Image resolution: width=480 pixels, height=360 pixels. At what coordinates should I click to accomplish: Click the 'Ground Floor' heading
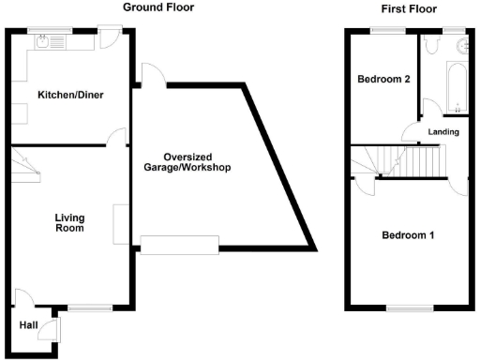click(x=152, y=7)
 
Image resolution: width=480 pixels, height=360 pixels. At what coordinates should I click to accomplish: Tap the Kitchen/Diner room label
click(x=69, y=95)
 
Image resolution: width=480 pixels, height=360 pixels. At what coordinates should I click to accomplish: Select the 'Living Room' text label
click(x=68, y=221)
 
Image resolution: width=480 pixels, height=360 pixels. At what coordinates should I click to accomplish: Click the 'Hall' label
click(x=30, y=327)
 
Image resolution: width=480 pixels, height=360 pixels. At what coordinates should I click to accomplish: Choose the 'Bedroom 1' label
click(x=407, y=235)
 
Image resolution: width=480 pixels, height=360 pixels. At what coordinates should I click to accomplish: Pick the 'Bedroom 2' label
click(x=384, y=80)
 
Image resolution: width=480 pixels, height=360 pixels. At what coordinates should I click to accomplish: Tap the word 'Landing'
click(x=443, y=132)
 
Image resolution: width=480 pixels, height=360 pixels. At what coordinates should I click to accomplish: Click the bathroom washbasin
click(x=460, y=43)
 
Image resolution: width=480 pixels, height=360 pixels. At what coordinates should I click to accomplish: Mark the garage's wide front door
click(x=180, y=244)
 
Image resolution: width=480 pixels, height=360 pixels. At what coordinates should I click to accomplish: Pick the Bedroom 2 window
click(x=384, y=31)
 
